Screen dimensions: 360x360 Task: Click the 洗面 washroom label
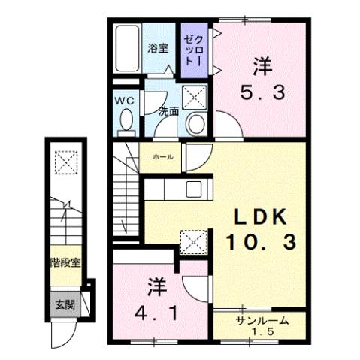168,111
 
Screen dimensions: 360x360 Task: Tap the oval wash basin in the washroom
197,124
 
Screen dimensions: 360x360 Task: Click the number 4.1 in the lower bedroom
156,311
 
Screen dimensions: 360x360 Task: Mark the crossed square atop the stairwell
65,162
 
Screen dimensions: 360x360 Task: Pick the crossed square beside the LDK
192,241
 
